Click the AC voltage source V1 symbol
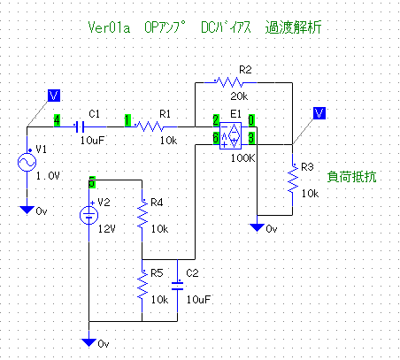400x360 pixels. [27, 162]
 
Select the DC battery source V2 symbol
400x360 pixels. [88, 215]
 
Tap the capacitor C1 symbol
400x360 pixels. [80, 127]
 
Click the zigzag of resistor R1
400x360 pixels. [150, 126]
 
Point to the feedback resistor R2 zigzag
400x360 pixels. [229, 82]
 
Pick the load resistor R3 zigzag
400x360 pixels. [293, 180]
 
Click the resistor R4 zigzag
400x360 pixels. [142, 214]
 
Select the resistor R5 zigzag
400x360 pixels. [142, 285]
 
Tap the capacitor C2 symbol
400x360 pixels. [177, 286]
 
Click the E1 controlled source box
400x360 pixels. [230, 135]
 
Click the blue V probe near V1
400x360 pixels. [54, 96]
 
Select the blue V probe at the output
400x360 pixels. [319, 113]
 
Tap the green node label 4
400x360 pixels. [57, 120]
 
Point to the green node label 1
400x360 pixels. [127, 120]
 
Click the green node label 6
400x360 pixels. [216, 138]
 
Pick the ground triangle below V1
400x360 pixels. [27, 210]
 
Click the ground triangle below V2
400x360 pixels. [88, 342]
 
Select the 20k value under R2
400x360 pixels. [239, 96]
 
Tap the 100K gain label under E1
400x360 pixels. [242, 158]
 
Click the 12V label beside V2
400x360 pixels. [106, 229]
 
